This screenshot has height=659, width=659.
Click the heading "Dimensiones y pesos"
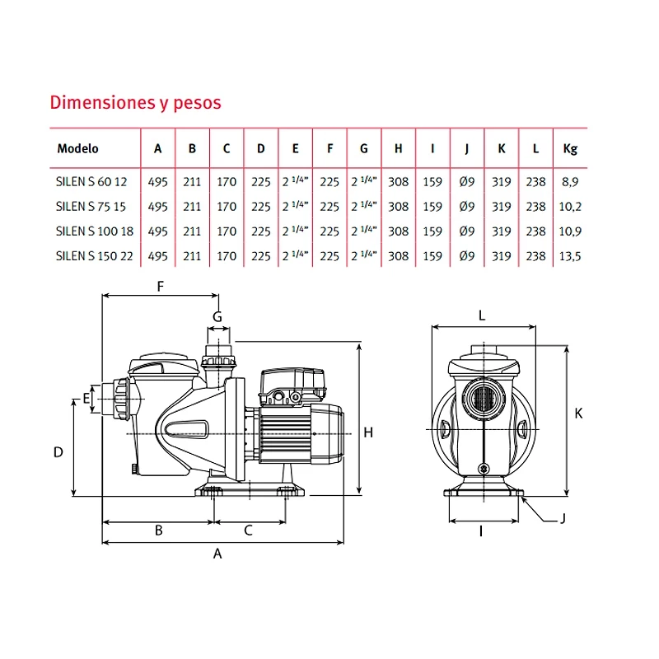136,103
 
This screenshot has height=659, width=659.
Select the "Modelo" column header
77,149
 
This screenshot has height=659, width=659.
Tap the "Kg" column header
569,149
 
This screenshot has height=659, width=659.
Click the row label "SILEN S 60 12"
91,182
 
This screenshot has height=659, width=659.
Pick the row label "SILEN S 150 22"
94,256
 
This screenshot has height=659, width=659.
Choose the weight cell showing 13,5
570,256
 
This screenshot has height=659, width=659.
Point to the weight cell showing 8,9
570,182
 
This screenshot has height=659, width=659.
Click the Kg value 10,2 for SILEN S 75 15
570,207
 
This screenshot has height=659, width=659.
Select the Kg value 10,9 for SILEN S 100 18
570,231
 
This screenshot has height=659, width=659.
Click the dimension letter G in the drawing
217,316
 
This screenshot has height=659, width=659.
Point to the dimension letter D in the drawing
58,451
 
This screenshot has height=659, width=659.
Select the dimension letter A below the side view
217,554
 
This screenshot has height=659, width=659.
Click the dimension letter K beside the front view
578,413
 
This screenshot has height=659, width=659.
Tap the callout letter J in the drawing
563,519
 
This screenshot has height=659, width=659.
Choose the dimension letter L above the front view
482,315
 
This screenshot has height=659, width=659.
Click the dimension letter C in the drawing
248,531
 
